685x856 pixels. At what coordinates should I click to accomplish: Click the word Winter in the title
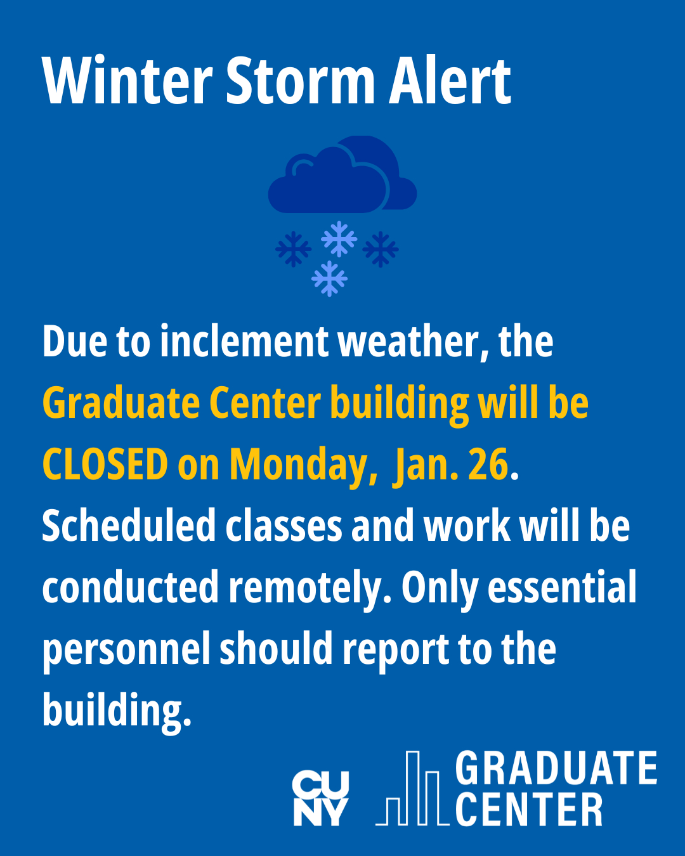pyautogui.click(x=127, y=81)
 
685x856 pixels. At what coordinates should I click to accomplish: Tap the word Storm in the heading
pyautogui.click(x=301, y=81)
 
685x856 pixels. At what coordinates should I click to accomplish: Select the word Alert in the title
pyautogui.click(x=450, y=81)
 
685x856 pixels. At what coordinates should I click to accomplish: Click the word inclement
pyautogui.click(x=244, y=341)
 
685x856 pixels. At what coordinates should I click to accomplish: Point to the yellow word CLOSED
pyautogui.click(x=105, y=464)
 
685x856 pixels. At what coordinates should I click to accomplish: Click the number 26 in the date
pyautogui.click(x=488, y=464)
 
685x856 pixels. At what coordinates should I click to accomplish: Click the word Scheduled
pyautogui.click(x=129, y=526)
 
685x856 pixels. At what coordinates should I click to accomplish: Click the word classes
pyautogui.click(x=284, y=526)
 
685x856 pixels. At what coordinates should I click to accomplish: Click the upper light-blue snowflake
pyautogui.click(x=339, y=238)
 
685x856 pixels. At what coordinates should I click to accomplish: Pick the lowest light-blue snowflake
pyautogui.click(x=329, y=278)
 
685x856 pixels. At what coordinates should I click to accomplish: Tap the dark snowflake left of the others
pyautogui.click(x=293, y=249)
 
